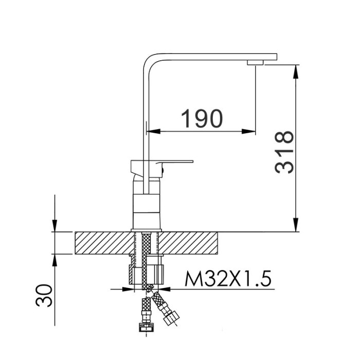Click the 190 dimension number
202,118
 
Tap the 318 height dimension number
284,152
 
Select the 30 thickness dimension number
44,296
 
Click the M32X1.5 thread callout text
228,278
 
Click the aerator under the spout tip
255,62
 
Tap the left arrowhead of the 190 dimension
153,132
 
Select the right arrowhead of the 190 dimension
248,132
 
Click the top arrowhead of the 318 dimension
296,71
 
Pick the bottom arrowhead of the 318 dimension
296,225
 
